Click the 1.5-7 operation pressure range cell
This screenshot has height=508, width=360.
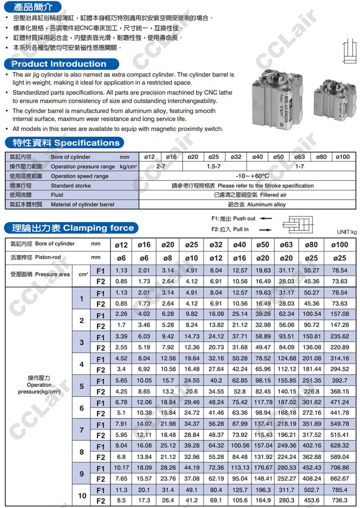pos(213,166)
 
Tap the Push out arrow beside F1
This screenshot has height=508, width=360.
pos(266,219)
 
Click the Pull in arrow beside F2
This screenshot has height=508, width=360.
pos(266,229)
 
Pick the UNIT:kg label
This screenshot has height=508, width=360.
pos(346,232)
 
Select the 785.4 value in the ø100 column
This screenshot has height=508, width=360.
pos(339,490)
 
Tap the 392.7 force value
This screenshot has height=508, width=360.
pos(339,380)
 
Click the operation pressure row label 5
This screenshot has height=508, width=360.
pos(81,386)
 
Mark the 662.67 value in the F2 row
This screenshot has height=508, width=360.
pos(339,478)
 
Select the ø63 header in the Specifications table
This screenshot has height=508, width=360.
pos(300,157)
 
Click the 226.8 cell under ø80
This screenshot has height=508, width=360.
pos(312,391)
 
